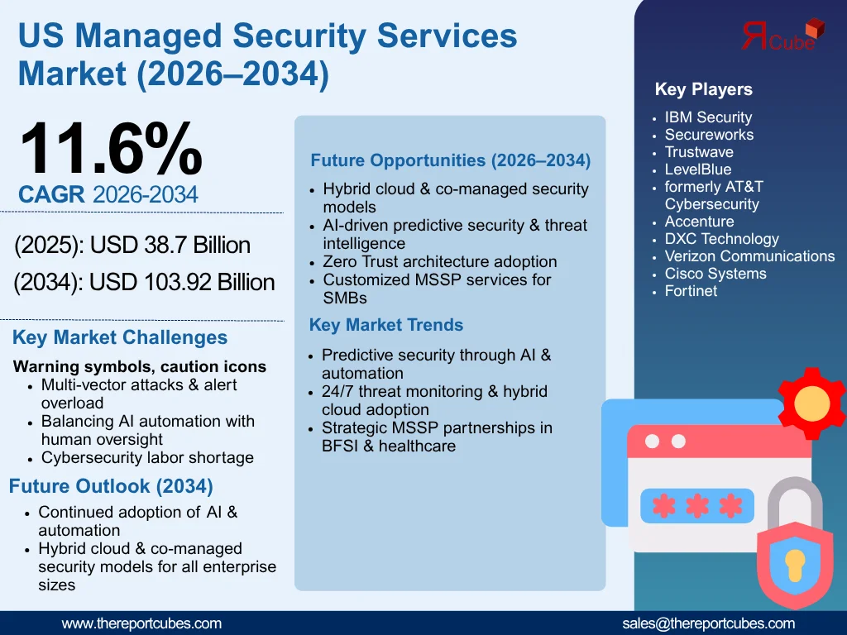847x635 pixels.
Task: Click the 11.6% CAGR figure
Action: (110, 149)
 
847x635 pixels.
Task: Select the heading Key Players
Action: (703, 89)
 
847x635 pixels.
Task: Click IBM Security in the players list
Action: (708, 117)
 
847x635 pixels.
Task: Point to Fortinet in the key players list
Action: (691, 291)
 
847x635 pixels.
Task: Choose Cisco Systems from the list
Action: (715, 274)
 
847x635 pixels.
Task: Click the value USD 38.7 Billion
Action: (170, 246)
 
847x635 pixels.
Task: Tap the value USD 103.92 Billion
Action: (182, 283)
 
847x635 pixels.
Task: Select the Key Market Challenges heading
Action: (120, 337)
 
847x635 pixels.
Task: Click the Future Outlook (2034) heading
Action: (111, 485)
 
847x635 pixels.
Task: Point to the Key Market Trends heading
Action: (386, 325)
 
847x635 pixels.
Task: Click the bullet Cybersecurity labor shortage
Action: (147, 457)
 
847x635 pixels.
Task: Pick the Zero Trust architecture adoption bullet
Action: (439, 261)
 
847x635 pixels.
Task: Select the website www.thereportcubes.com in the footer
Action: (141, 623)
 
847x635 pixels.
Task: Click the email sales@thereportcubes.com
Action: (708, 623)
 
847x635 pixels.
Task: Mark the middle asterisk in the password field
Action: (697, 506)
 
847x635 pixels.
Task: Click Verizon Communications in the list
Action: (749, 256)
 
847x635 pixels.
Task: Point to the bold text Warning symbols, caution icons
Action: (140, 366)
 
